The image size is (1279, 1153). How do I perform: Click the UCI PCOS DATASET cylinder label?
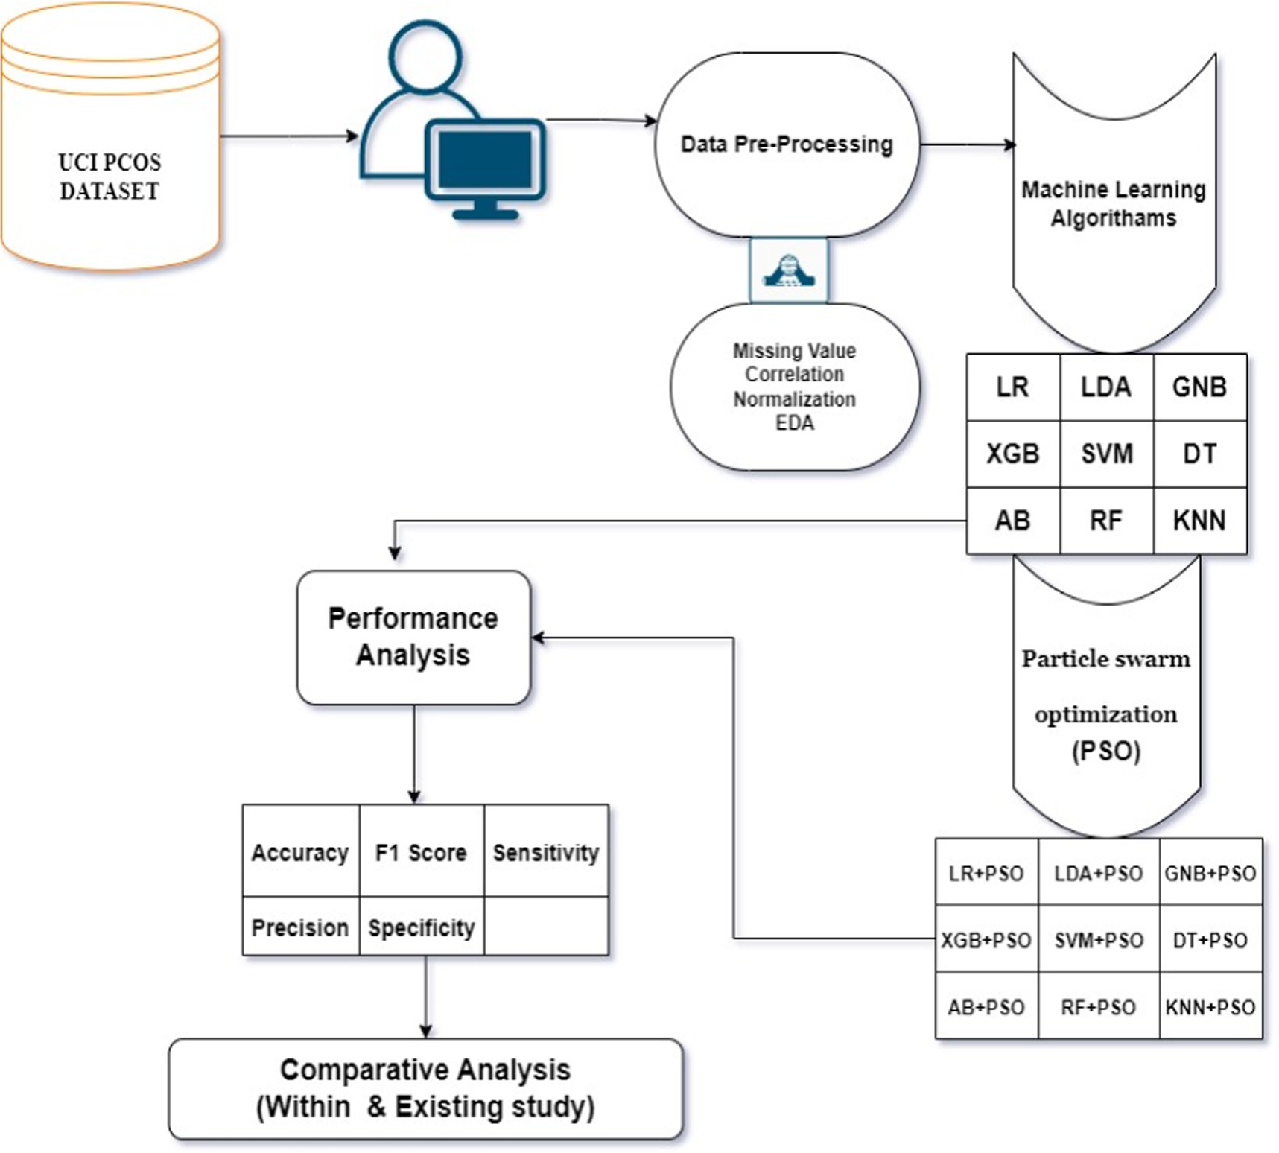point(110,177)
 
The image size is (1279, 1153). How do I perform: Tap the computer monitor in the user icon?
point(486,159)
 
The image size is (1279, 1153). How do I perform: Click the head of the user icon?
point(425,56)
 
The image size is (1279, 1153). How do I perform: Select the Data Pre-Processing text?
point(787,144)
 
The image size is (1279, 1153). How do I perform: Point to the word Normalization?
point(794,399)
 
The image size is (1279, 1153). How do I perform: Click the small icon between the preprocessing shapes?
point(789,270)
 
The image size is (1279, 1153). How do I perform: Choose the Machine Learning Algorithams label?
point(1113,203)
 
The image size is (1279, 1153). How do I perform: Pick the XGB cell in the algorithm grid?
point(1012,454)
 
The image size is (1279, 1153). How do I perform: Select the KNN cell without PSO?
point(1199,521)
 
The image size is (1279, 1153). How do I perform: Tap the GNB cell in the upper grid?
point(1199,387)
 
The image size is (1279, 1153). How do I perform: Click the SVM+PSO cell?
point(1099,940)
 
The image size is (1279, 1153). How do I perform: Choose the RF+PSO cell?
point(1099,1007)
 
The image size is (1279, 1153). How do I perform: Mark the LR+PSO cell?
point(986,873)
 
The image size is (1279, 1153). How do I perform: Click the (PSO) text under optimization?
point(1106,750)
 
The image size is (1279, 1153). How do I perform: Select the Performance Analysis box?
point(413,637)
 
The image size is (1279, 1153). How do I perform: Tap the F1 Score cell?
point(421,852)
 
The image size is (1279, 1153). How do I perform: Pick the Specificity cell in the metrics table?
point(421,927)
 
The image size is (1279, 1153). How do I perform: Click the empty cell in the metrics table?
point(546,926)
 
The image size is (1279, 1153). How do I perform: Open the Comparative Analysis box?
point(425,1088)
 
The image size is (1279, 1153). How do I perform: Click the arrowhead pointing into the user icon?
point(353,136)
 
